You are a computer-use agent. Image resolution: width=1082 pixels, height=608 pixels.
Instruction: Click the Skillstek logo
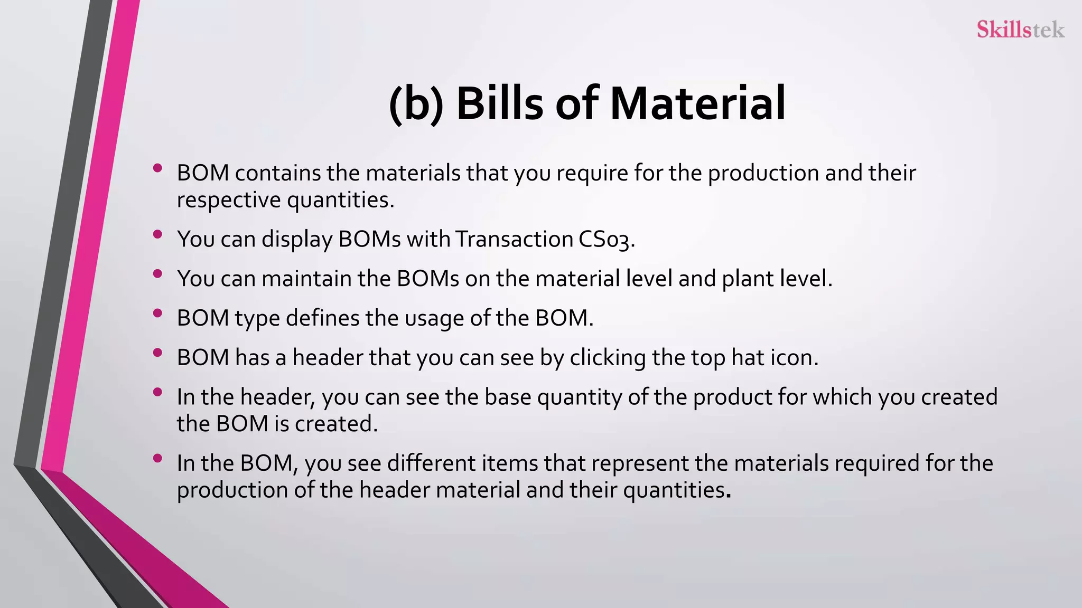[x=1020, y=30]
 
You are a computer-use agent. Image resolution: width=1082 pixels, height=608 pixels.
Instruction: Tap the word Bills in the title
[x=499, y=103]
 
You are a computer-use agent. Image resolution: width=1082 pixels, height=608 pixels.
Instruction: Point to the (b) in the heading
[x=416, y=104]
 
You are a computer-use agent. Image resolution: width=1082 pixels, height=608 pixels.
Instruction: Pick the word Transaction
[x=514, y=239]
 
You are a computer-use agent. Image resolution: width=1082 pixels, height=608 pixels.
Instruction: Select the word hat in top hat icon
[x=748, y=358]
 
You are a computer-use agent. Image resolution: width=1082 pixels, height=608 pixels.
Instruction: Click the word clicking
[x=608, y=358]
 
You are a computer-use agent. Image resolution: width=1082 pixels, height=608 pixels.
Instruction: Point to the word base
[x=508, y=397]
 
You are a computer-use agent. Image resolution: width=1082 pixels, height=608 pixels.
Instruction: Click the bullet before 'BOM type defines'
[x=157, y=313]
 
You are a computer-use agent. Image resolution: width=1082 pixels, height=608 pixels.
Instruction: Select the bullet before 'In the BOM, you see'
[x=157, y=459]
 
